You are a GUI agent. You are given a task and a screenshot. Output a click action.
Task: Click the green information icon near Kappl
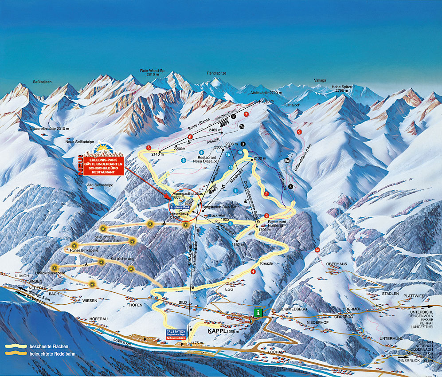(x=258, y=312)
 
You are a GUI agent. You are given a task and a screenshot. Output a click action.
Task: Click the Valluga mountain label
(x=320, y=80)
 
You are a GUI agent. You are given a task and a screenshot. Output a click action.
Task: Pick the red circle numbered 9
(x=299, y=132)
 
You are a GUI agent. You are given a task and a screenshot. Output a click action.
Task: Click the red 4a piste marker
(x=317, y=250)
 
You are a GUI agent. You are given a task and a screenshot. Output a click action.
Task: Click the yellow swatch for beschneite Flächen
(x=15, y=346)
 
